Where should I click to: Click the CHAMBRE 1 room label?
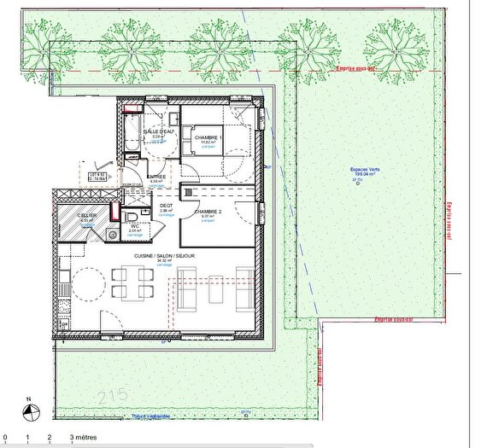[x=208, y=137]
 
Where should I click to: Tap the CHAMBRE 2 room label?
[x=209, y=212]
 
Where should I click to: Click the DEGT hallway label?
[x=167, y=205]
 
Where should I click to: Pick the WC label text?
[x=135, y=226]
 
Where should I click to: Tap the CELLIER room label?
[x=86, y=215]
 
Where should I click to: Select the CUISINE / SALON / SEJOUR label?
[x=163, y=255]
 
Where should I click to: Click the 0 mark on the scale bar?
[x=6, y=436]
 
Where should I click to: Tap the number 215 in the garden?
[x=111, y=395]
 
